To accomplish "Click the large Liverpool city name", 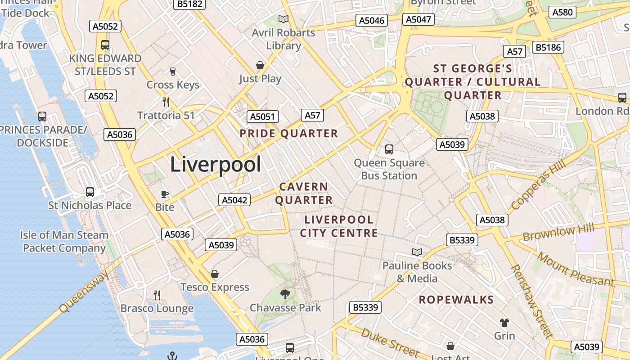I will click(216, 165).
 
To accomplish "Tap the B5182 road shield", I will click(189, 4).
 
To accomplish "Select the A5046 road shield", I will click(372, 20).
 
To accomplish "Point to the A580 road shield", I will click(562, 12).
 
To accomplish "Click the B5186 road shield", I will click(548, 47).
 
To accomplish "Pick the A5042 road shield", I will click(234, 200).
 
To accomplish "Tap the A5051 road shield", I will click(262, 117).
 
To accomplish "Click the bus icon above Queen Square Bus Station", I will click(389, 149).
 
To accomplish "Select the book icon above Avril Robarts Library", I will click(283, 19).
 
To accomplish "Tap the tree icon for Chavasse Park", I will click(285, 294).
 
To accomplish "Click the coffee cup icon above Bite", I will click(165, 194).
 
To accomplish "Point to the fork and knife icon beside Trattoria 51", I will click(166, 102).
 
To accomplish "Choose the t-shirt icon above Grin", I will click(504, 322).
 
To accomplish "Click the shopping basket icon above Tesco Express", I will click(215, 274).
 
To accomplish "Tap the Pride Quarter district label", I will click(288, 134).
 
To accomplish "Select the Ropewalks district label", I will click(456, 300).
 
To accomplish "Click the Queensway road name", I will click(84, 290).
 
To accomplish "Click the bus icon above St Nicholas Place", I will click(90, 192).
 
